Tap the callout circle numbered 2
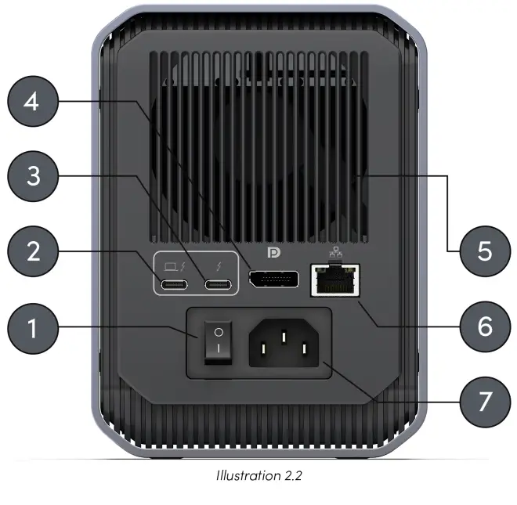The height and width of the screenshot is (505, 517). (x=31, y=252)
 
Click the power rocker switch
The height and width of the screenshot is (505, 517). (x=219, y=344)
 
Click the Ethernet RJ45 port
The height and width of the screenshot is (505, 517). (x=335, y=279)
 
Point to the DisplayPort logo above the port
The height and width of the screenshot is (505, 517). (x=274, y=254)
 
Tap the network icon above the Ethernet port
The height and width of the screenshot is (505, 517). (x=335, y=252)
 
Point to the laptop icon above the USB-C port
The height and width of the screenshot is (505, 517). (x=170, y=264)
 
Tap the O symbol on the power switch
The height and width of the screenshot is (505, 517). (x=219, y=332)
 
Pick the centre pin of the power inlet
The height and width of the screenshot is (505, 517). (x=284, y=339)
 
